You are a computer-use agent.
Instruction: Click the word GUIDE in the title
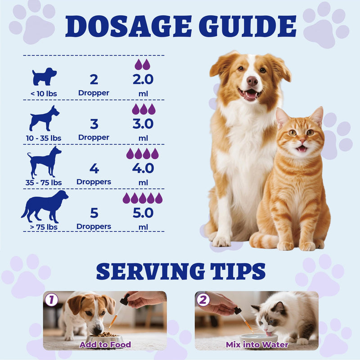[x=247, y=26]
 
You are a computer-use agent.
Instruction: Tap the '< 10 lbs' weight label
[x=44, y=94]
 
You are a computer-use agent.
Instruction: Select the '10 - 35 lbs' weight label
[x=44, y=138]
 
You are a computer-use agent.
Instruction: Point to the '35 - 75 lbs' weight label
[x=44, y=183]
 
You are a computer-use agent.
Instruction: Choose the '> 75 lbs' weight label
[x=44, y=227]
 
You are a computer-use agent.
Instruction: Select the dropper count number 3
[x=94, y=124]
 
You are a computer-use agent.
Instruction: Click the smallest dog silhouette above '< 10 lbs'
[x=44, y=76]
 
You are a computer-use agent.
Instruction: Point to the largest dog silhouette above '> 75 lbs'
[x=45, y=207]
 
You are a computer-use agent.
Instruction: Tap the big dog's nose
[x=252, y=81]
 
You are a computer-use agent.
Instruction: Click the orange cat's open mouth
[x=301, y=148]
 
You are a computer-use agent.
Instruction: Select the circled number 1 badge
[x=51, y=300]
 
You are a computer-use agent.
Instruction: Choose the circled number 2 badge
[x=203, y=300]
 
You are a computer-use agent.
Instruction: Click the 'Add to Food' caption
[x=105, y=345]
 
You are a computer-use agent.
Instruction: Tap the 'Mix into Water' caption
[x=257, y=345]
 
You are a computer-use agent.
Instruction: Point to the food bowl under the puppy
[x=105, y=339]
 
